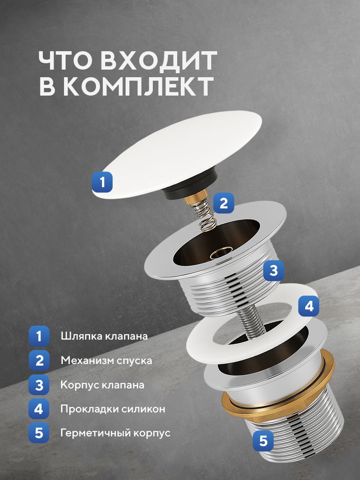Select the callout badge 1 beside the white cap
click(102, 182)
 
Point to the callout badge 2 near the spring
click(224, 203)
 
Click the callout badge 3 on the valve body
click(274, 270)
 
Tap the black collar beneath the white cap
click(189, 184)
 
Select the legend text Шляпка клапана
click(104, 336)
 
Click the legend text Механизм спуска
click(106, 360)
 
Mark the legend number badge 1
click(39, 336)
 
